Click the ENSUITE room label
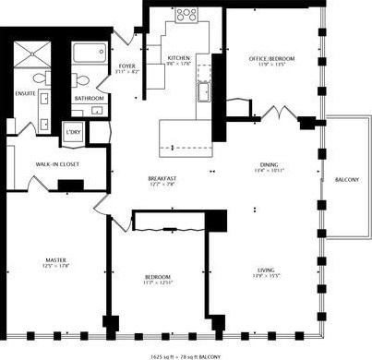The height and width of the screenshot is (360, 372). [24, 92]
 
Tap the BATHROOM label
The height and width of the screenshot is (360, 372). [90, 97]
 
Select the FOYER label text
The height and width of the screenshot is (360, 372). [127, 66]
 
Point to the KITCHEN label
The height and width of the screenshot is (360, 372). [178, 60]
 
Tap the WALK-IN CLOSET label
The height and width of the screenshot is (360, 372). [55, 163]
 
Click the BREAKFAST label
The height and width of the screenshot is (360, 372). [162, 178]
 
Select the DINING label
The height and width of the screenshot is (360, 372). [269, 164]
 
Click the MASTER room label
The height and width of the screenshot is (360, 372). [56, 260]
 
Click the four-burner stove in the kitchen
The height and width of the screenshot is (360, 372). [186, 15]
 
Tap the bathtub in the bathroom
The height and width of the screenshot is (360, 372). [90, 57]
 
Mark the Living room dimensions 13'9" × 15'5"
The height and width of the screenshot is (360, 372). [267, 275]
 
